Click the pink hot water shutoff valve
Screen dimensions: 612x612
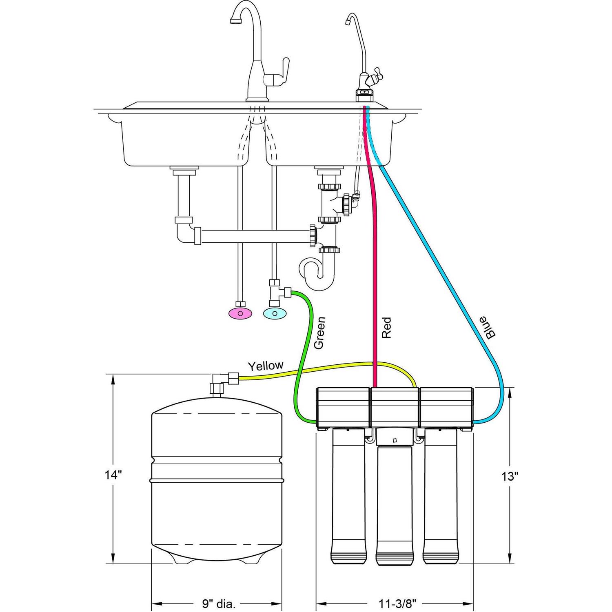240,313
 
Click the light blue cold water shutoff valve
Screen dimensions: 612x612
275,313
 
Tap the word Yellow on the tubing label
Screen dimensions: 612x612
266,365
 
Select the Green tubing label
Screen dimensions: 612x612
319,333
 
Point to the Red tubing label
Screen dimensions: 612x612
386,328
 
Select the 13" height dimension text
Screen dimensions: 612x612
510,476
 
